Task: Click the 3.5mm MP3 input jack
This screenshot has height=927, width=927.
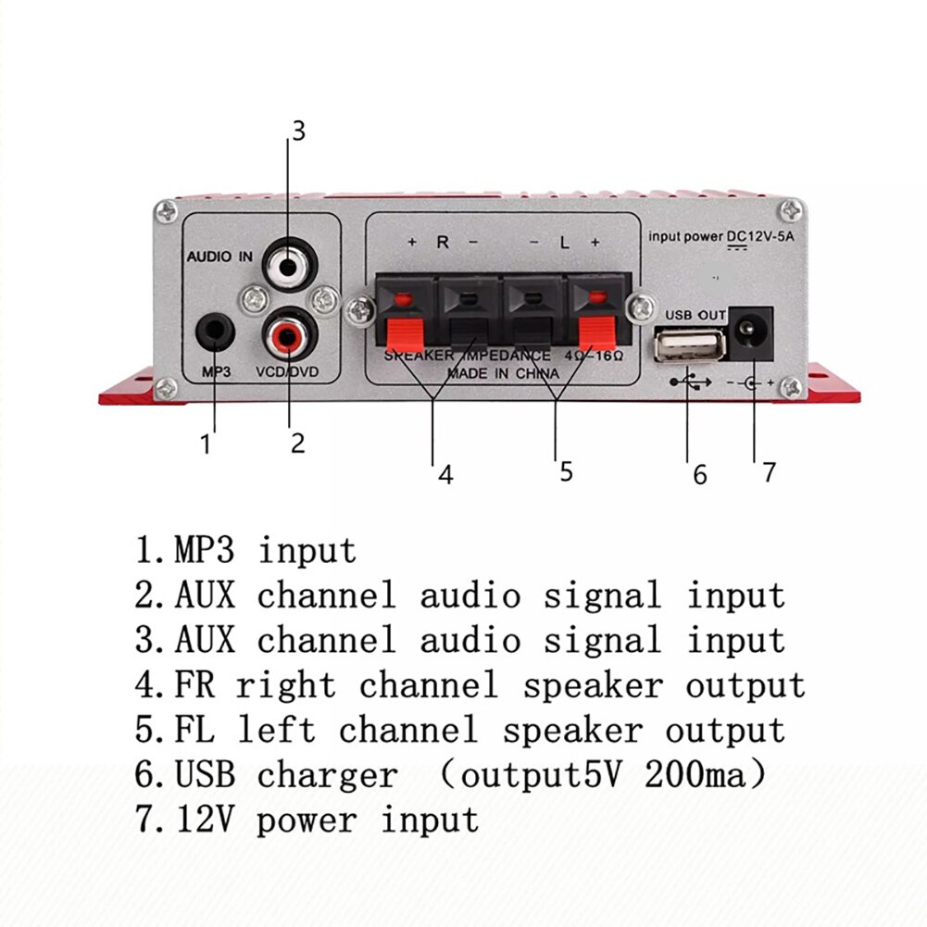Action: [214, 331]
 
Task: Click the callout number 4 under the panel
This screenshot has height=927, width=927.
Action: [445, 475]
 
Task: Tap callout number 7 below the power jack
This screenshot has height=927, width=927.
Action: [768, 472]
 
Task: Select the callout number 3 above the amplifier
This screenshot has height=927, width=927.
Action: [296, 131]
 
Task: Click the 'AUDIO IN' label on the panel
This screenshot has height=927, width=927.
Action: [219, 257]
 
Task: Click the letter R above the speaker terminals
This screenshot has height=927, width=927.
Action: [443, 243]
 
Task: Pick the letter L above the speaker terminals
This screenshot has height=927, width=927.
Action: [564, 243]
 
